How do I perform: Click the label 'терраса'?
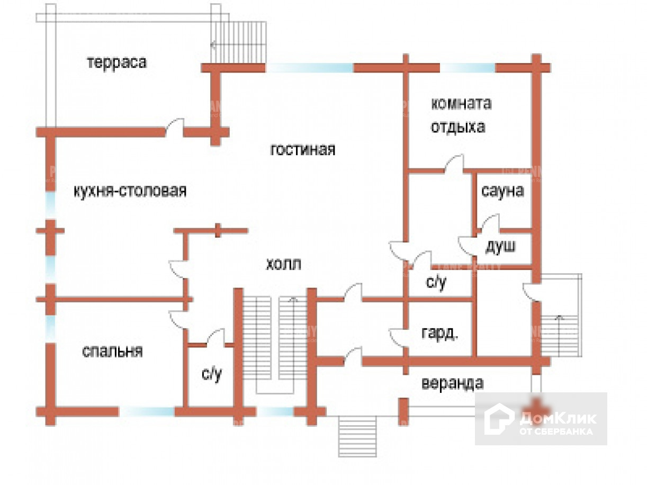click(x=116, y=62)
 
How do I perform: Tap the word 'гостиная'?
click(x=303, y=150)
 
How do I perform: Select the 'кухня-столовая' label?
click(x=130, y=191)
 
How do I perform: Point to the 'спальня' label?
click(x=112, y=351)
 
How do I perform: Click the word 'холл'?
click(x=283, y=263)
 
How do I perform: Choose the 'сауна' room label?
click(x=502, y=191)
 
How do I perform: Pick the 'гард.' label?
click(x=439, y=334)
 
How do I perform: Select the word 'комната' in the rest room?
click(x=461, y=103)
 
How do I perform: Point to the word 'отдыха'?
click(x=457, y=128)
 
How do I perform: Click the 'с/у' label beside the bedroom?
click(x=211, y=374)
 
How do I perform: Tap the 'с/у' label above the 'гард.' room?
click(x=436, y=282)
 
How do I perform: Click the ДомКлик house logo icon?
click(x=499, y=419)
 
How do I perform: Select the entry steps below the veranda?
click(x=357, y=436)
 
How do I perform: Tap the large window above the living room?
click(x=309, y=68)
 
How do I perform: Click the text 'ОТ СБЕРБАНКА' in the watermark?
click(x=556, y=431)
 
